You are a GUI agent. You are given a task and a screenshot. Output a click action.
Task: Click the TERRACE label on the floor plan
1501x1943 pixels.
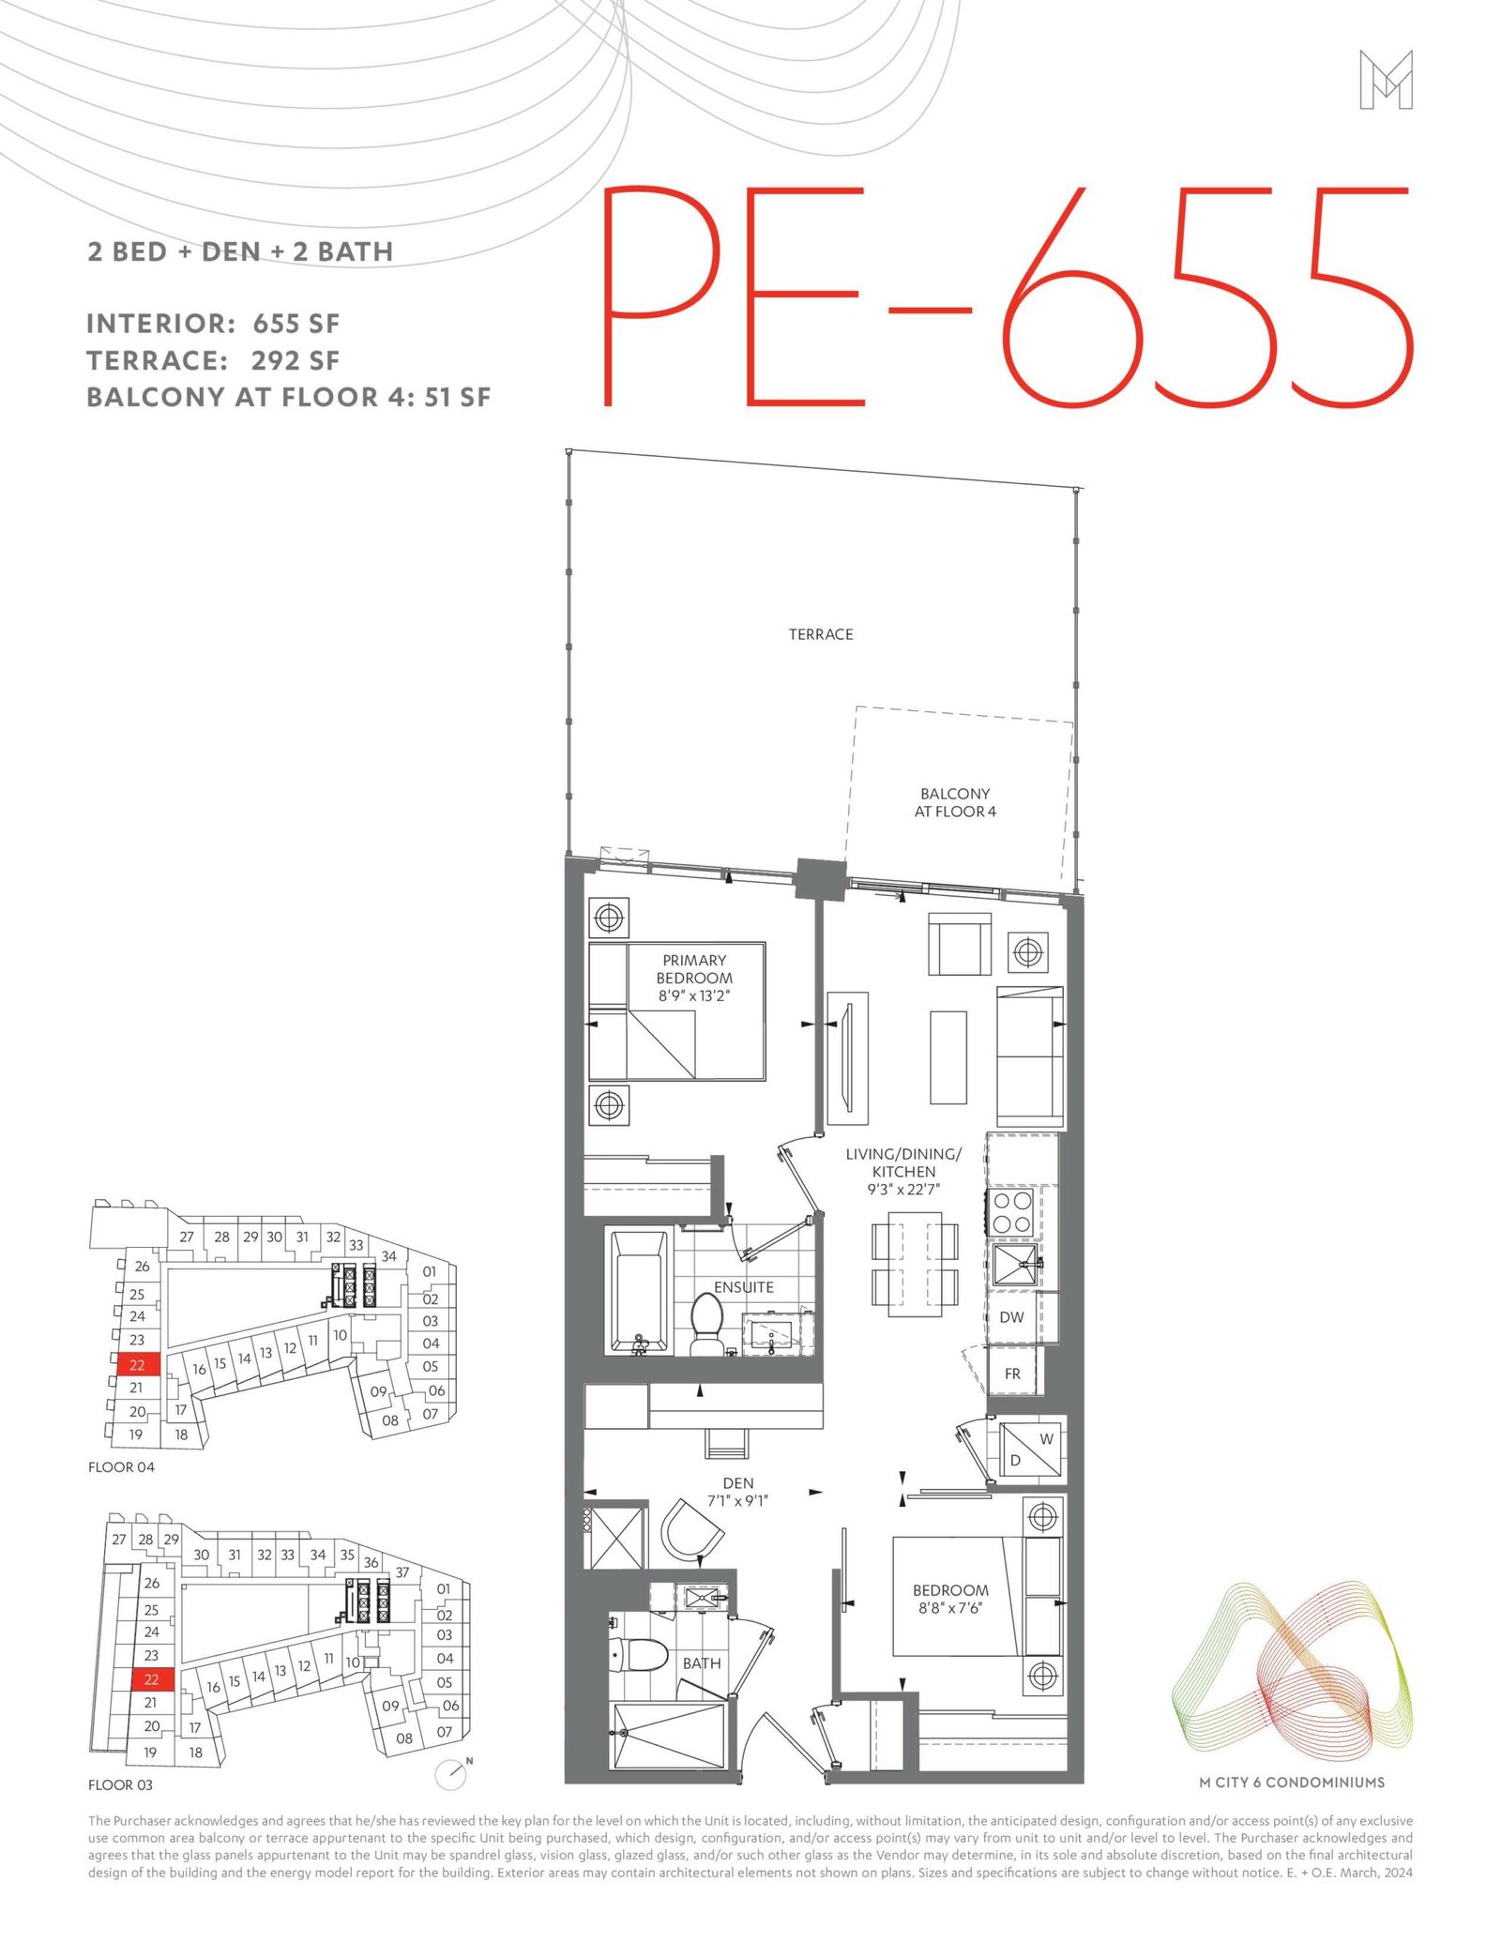coord(821,635)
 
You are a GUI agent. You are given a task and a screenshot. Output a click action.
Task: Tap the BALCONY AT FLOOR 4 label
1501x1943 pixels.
coord(955,803)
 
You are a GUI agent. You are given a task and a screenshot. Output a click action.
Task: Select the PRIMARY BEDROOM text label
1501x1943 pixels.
coord(694,969)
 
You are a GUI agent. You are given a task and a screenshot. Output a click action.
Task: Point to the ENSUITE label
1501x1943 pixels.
coord(744,1287)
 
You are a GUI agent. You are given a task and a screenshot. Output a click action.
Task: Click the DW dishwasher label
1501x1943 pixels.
coord(1011,1317)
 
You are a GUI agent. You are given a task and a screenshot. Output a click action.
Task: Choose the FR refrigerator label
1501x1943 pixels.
coord(1012,1374)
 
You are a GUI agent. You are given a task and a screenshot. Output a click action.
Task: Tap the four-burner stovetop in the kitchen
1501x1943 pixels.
coord(1013,1212)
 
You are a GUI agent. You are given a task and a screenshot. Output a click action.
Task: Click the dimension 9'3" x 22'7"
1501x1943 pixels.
coord(903,1190)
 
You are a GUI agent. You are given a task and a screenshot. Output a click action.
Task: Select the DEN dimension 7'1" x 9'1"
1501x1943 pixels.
coord(738,1500)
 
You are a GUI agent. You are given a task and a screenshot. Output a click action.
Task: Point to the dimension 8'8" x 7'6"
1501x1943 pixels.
coord(950,1608)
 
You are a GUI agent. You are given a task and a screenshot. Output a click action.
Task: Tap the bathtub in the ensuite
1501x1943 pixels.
coord(642,1292)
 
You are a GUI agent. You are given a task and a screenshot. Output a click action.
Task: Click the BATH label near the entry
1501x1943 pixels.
coord(702,1663)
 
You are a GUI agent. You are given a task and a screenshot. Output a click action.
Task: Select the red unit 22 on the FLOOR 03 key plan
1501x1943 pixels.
coord(152,1678)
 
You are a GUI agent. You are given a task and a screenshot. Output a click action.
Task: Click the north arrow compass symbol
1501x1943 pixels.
coord(453,1772)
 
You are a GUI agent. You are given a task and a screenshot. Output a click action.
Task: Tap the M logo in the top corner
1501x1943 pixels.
coord(1386,80)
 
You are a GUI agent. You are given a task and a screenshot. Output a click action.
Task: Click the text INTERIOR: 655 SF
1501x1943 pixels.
coord(213,324)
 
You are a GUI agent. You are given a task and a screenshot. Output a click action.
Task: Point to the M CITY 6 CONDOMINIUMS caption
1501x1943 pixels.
coord(1292,1782)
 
